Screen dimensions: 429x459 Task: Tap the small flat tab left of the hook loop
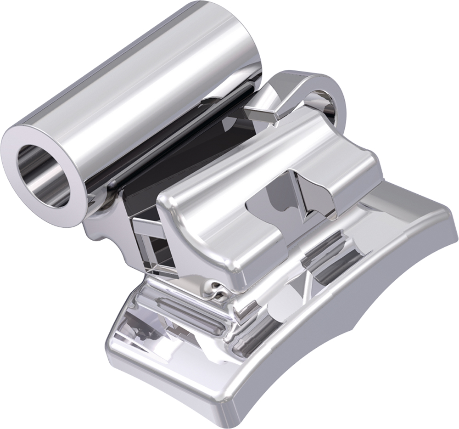[x=262, y=110]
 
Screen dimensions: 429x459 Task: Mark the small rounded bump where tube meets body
[x=110, y=186]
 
